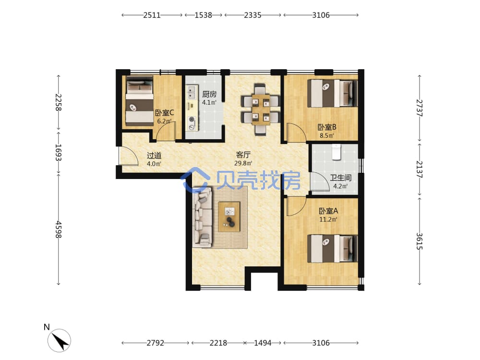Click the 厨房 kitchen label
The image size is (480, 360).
209,94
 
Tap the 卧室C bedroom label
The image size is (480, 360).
164,113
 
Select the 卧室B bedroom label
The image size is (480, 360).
327,127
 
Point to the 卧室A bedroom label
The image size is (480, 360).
328,211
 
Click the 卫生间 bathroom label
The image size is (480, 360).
340,178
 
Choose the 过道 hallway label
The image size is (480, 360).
154,156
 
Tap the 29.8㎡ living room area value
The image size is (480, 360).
243,164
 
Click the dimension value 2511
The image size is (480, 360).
152,15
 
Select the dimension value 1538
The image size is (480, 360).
204,15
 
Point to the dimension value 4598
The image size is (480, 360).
59,230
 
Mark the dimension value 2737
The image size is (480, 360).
420,108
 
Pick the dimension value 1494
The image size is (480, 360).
263,343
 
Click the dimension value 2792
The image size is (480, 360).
155,343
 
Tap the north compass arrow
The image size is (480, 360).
60,340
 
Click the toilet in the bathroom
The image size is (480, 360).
336,152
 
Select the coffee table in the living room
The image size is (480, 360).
229,217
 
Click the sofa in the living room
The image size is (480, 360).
203,217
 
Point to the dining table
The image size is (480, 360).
261,109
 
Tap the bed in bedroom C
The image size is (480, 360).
140,101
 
